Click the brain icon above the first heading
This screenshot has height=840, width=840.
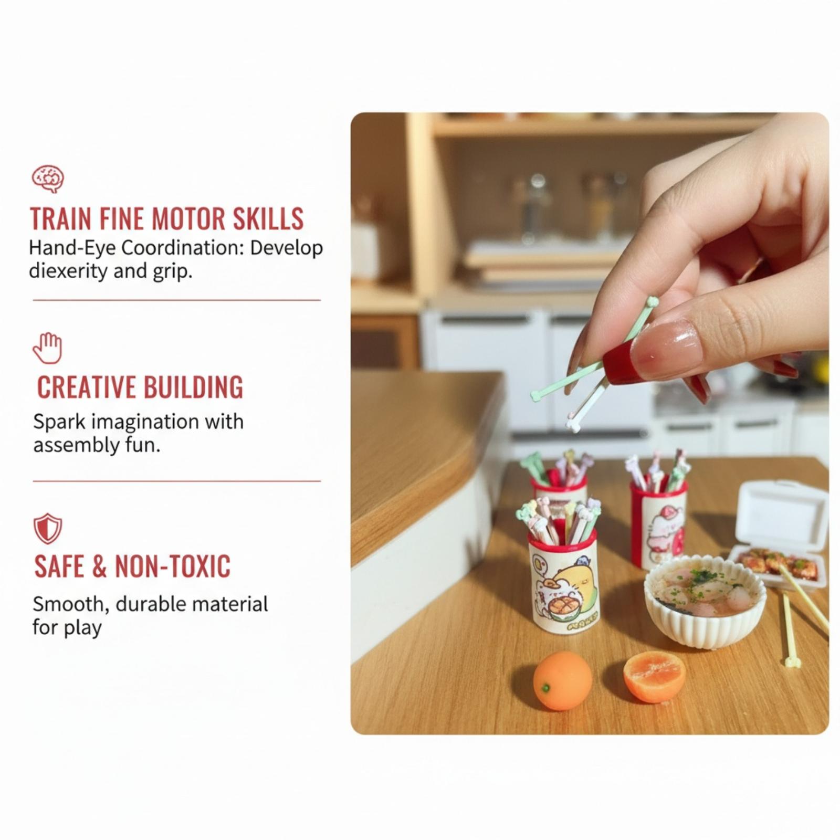point(48,178)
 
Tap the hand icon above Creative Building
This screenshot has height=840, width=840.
point(48,348)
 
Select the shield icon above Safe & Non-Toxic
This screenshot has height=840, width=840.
point(48,528)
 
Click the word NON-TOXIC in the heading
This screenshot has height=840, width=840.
point(173,566)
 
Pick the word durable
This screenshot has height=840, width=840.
point(150,604)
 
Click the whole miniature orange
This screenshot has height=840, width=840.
point(562,680)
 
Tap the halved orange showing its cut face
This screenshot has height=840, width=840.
point(654,676)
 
